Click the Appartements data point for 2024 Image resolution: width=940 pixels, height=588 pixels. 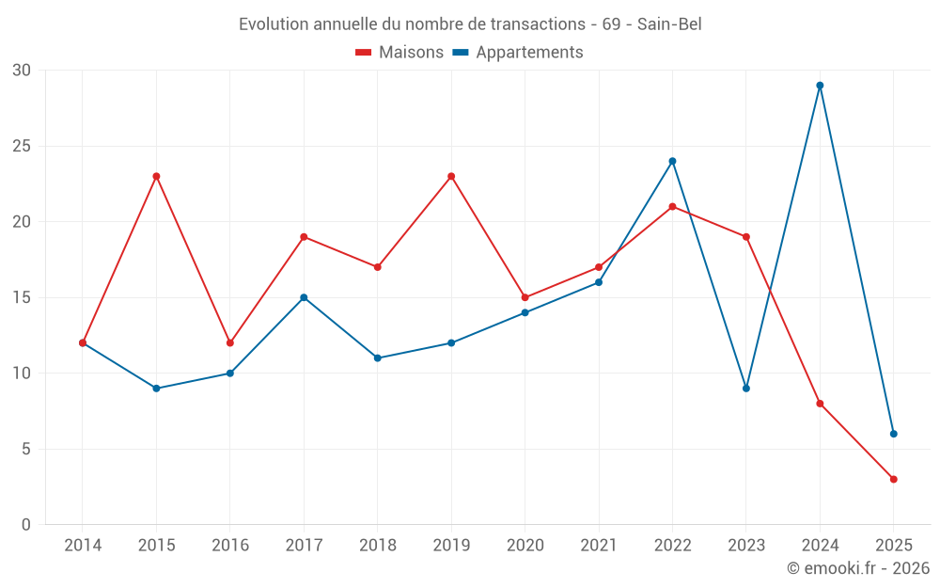(x=820, y=86)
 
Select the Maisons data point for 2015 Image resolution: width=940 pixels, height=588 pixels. (x=156, y=176)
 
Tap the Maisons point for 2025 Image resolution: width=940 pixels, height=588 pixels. (x=893, y=479)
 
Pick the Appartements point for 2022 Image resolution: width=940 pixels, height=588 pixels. (x=672, y=161)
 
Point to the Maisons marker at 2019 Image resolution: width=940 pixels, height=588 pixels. (x=451, y=176)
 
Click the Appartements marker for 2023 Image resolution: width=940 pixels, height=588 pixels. (x=746, y=389)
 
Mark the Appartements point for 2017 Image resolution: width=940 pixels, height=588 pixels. (x=304, y=297)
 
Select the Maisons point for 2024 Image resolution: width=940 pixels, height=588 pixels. (x=820, y=404)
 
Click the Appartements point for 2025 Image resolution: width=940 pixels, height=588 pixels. (x=893, y=434)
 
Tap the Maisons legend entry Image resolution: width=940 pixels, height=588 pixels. (x=399, y=53)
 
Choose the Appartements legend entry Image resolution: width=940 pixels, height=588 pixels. (x=518, y=53)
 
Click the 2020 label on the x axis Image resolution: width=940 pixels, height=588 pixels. (x=525, y=545)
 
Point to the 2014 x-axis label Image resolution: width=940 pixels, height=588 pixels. (x=83, y=545)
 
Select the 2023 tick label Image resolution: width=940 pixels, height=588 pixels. (x=746, y=545)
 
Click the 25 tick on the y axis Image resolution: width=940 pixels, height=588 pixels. (x=22, y=146)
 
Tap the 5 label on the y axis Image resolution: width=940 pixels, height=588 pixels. (x=26, y=449)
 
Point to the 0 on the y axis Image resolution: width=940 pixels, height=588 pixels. (x=26, y=525)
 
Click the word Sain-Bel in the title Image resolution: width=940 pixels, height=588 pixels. (x=669, y=24)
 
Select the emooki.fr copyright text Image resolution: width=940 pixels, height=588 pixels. (x=857, y=568)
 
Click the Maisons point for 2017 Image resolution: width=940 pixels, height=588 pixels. (x=304, y=237)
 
